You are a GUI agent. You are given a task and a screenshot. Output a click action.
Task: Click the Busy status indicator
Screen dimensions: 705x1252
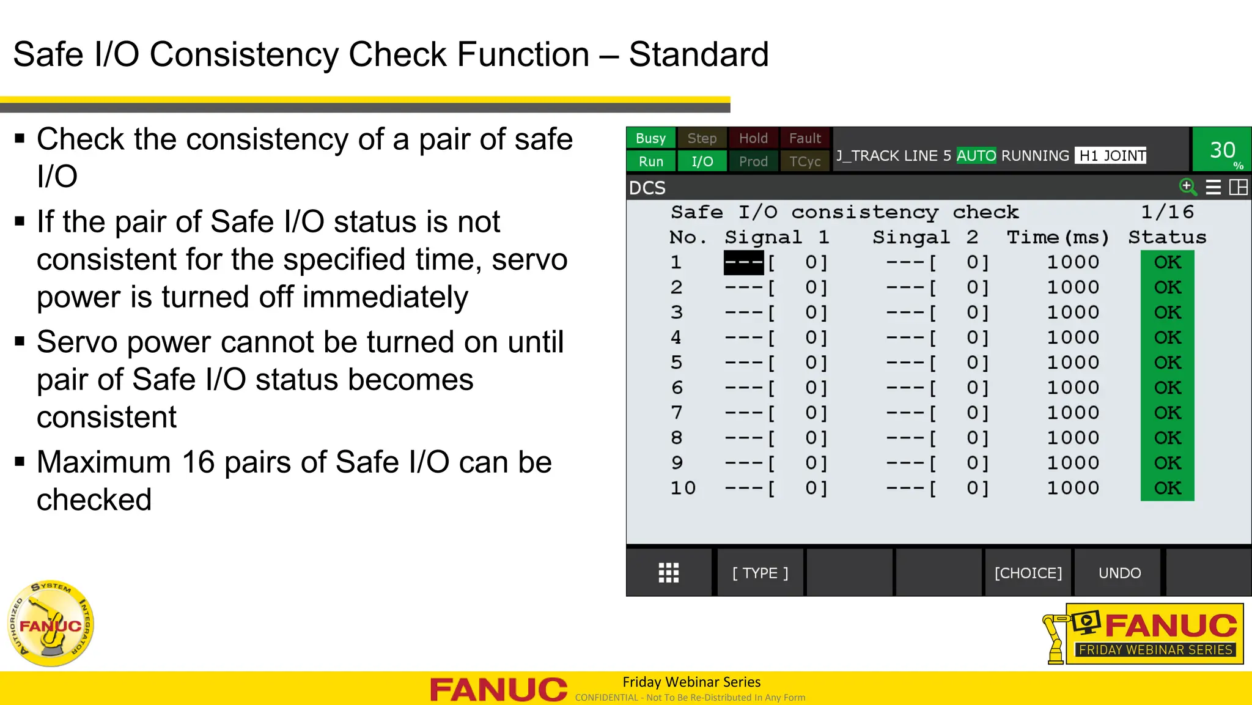tap(650, 138)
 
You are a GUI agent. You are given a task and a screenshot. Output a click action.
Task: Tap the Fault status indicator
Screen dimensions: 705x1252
tap(805, 138)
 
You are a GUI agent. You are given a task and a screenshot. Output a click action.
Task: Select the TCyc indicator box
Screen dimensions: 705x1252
tap(805, 161)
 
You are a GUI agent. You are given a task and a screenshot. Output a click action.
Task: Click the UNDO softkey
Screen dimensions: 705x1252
tap(1119, 573)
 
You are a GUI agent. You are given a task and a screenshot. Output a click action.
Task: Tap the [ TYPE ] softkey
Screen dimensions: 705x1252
tap(760, 573)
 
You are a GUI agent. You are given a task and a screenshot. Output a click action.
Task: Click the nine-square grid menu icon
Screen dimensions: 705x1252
tap(669, 573)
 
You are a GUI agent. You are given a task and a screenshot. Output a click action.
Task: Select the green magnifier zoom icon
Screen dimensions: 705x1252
tap(1187, 186)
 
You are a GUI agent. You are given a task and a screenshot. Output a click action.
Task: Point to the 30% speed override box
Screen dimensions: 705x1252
tap(1222, 150)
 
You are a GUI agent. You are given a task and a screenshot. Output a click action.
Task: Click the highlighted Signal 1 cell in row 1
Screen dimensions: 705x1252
tap(743, 262)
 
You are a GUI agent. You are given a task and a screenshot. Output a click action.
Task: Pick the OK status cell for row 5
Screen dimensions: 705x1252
tap(1167, 363)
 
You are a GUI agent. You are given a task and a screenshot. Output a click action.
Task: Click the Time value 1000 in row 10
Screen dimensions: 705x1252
tap(1073, 488)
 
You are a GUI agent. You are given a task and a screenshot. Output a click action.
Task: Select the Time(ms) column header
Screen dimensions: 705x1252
tap(1058, 237)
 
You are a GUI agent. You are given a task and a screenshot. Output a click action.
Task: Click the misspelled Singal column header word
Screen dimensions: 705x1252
tap(911, 237)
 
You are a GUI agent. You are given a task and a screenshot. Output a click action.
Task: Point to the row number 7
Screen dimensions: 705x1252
tap(676, 413)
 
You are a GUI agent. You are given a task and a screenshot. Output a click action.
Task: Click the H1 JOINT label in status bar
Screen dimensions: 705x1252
tap(1111, 156)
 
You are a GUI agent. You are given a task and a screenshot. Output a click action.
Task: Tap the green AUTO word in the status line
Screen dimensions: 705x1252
tap(976, 156)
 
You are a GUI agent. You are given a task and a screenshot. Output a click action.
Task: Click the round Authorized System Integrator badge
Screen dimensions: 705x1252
tap(51, 623)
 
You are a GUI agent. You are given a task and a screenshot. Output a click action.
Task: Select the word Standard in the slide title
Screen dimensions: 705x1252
tap(698, 54)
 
